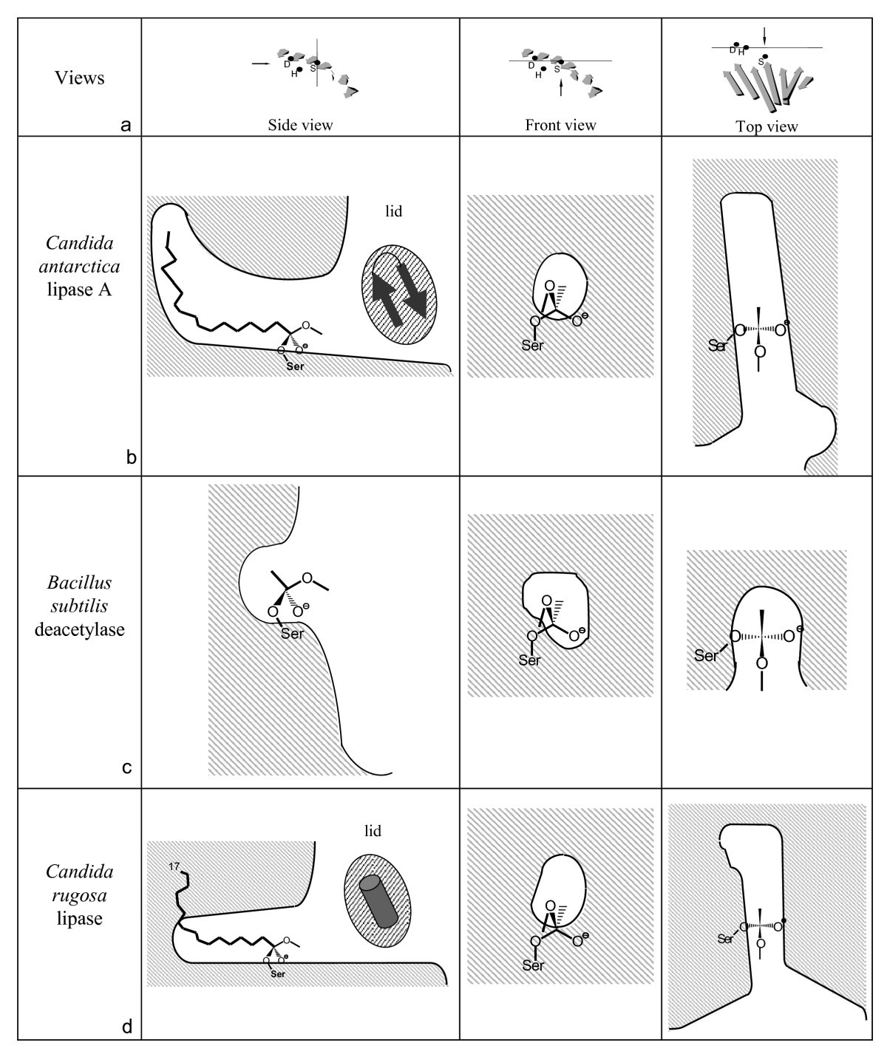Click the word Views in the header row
[80, 78]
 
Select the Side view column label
[300, 125]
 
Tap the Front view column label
[560, 125]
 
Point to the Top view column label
[767, 126]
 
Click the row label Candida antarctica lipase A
[80, 266]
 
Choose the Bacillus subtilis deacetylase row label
[80, 606]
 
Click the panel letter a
[126, 125]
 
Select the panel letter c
[126, 767]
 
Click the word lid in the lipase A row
[393, 211]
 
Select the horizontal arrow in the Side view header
[261, 64]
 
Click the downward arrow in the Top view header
[764, 35]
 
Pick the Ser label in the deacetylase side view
[292, 633]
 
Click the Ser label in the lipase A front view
[532, 345]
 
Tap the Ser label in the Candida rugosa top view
[725, 939]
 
